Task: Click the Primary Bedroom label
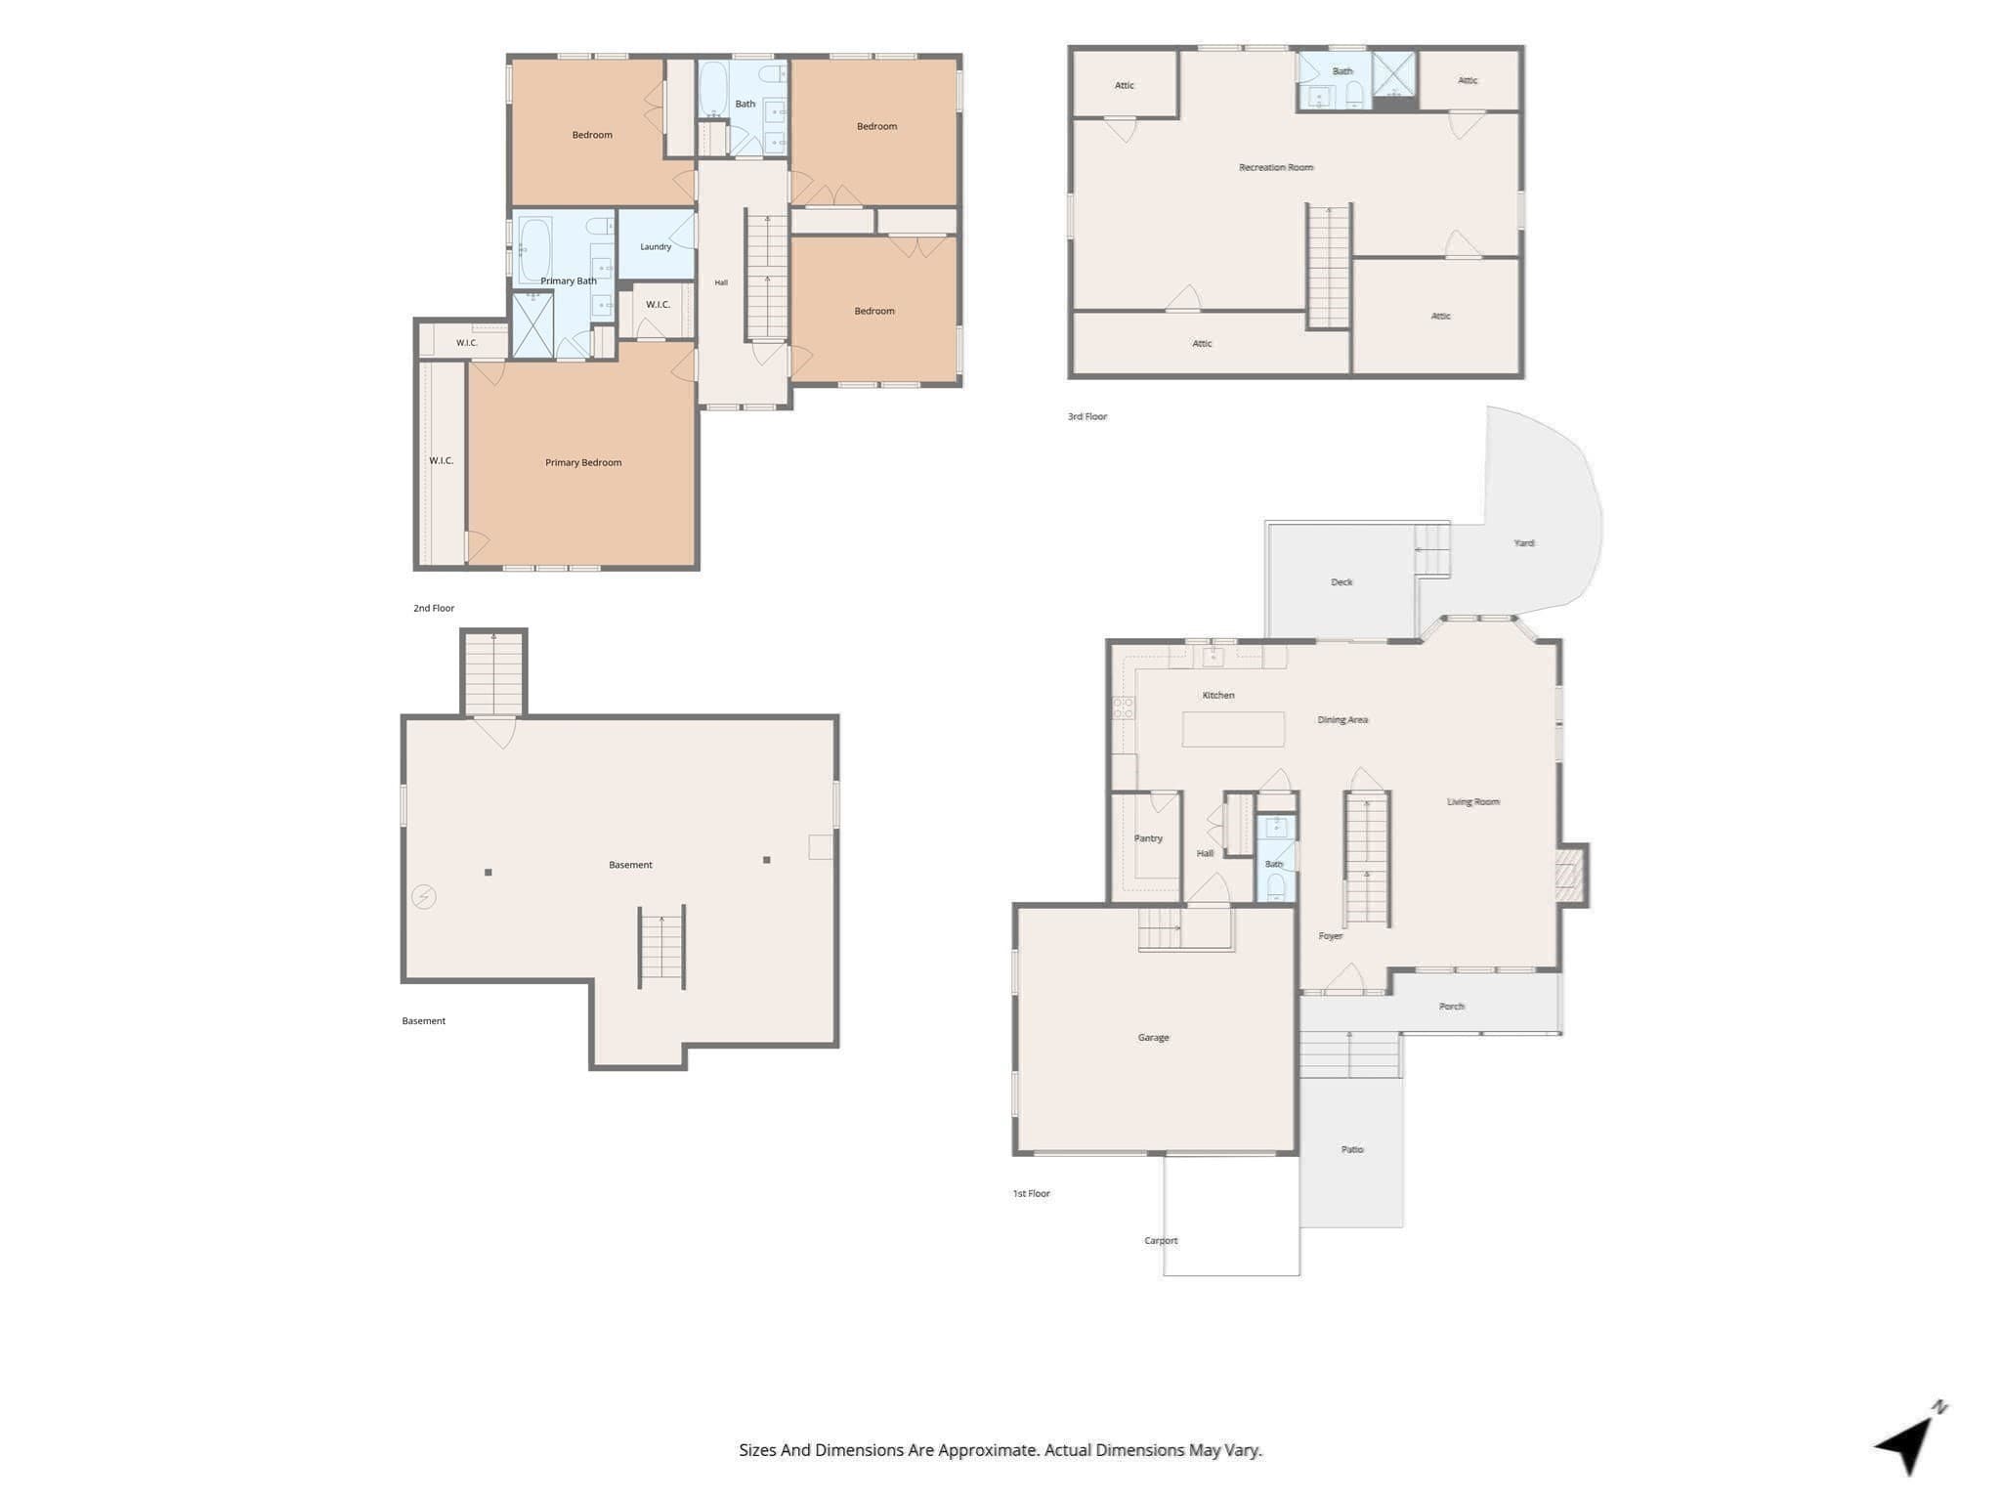[583, 462]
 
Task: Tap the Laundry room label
[656, 247]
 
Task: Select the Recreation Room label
[1276, 167]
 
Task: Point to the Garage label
[1153, 1037]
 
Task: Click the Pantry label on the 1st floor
[1148, 838]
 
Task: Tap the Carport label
[1161, 1240]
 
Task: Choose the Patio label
[1352, 1149]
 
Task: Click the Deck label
[1341, 581]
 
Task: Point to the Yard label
[1524, 542]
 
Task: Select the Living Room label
[1473, 801]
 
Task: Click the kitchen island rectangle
[1233, 729]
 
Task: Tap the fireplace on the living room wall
[1570, 875]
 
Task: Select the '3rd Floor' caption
[1087, 416]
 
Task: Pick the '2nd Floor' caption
[434, 608]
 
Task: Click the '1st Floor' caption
[1031, 1193]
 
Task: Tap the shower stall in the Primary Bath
[533, 325]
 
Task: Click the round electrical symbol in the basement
[423, 896]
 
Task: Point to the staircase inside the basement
[661, 947]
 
